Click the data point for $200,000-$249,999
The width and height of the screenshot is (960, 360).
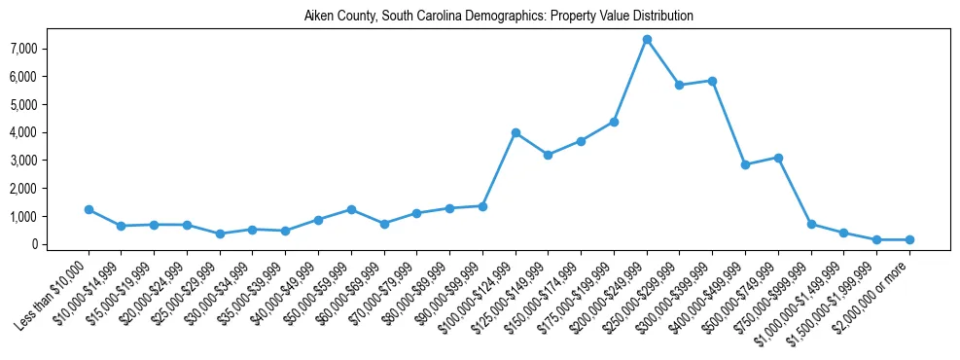[x=647, y=39]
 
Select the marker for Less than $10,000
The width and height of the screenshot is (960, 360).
[x=89, y=209]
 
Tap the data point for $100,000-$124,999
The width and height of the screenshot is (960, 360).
[x=516, y=132]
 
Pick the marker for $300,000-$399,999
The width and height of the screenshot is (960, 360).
[x=712, y=81]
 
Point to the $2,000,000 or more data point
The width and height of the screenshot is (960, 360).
[x=909, y=239]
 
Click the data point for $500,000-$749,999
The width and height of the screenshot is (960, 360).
[x=778, y=158]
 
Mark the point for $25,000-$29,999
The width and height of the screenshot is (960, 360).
[x=220, y=234]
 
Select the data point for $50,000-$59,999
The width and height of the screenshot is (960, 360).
[x=351, y=209]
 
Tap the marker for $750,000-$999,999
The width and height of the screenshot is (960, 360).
[x=811, y=224]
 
